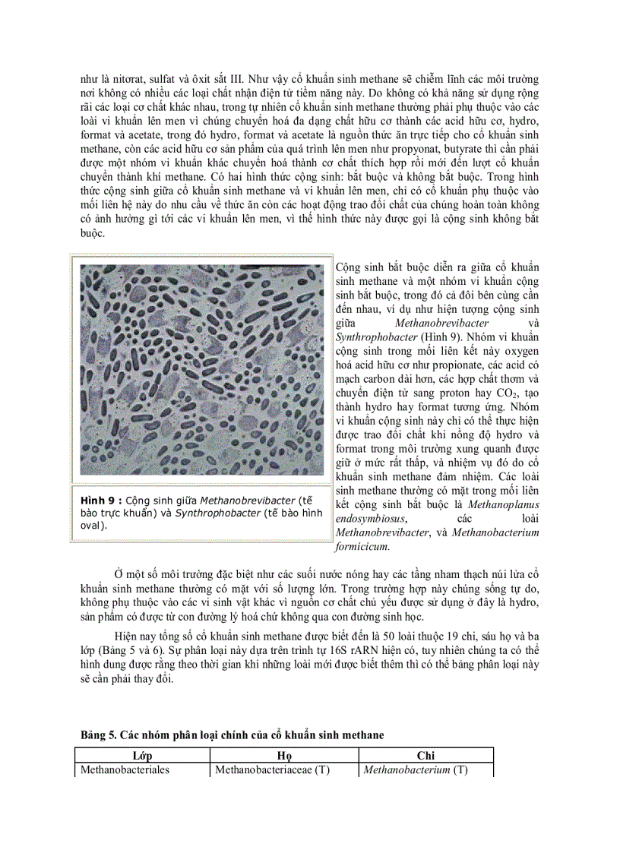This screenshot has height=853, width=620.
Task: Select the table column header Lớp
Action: tap(142, 756)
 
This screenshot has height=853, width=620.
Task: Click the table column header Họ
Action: tap(283, 756)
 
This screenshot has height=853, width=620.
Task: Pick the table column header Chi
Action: tap(425, 756)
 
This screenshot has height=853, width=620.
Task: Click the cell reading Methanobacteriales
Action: tap(124, 769)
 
